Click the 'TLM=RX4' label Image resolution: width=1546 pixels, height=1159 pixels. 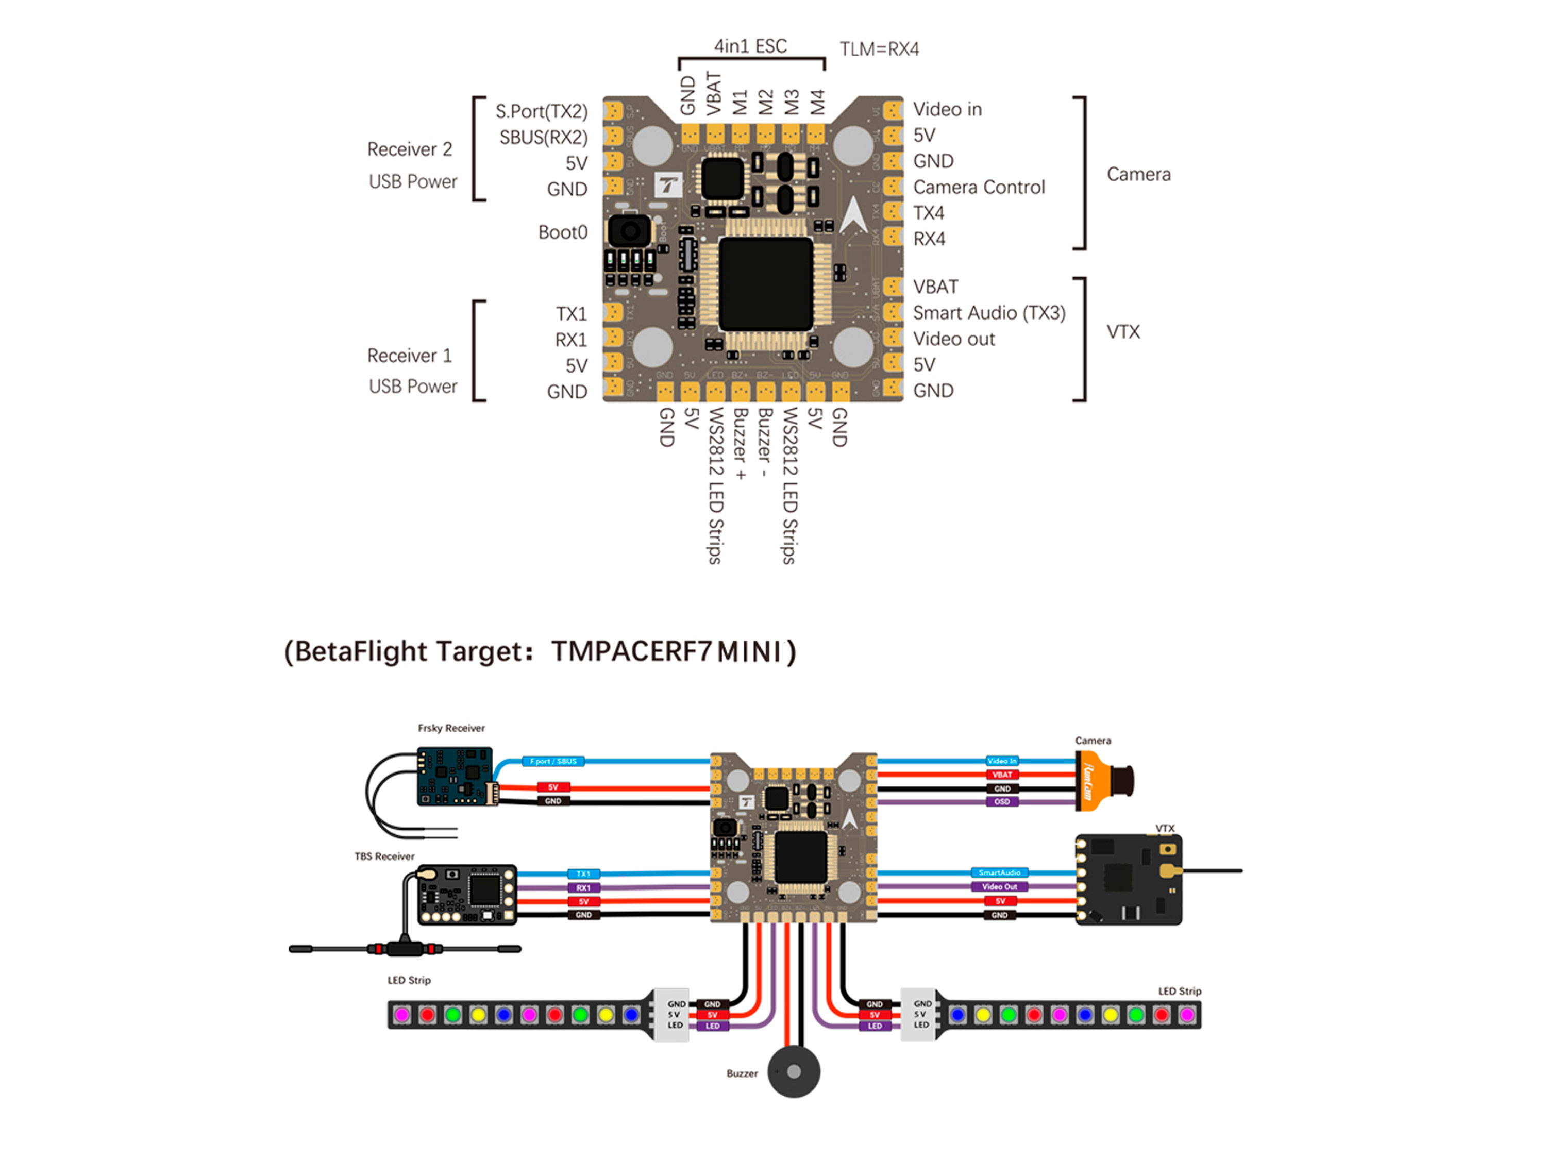tap(879, 49)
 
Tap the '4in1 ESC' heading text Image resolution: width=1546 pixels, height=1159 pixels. tap(750, 46)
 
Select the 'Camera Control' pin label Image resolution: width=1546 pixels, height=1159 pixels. tap(979, 188)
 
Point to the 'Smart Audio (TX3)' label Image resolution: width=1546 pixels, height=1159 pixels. tap(989, 313)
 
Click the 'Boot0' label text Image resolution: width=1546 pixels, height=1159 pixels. tap(563, 232)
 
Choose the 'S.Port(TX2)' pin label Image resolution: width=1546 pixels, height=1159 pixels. tap(542, 112)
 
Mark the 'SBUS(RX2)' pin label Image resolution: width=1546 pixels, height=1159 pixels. tap(543, 138)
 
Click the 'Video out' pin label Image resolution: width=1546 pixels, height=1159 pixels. tap(953, 339)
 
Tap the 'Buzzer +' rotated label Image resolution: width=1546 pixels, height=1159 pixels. tap(740, 443)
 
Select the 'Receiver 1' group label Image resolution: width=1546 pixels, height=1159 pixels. tap(410, 356)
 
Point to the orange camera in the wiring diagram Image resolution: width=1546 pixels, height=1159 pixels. tap(1103, 781)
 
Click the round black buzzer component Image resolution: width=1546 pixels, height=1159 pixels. tap(793, 1071)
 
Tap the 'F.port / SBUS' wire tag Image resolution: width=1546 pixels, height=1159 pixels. tap(553, 761)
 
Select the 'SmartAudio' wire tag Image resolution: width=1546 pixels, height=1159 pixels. tap(999, 872)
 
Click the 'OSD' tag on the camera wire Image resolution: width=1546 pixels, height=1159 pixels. tap(1001, 802)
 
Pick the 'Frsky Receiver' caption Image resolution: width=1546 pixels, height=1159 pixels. tap(451, 728)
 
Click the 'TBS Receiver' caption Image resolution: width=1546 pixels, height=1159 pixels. tap(384, 856)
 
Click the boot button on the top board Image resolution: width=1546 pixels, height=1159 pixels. tap(629, 231)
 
